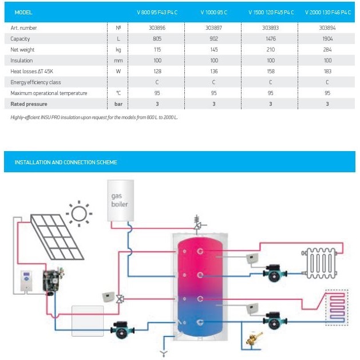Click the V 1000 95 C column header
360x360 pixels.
[214, 12]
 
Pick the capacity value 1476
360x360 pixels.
[270, 38]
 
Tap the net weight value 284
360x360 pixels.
[327, 49]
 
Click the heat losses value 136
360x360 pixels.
[214, 71]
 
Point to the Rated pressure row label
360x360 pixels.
[29, 104]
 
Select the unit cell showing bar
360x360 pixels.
[118, 104]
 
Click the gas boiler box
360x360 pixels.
[120, 200]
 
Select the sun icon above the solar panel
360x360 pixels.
[78, 213]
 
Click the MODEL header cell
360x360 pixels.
[23, 12]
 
